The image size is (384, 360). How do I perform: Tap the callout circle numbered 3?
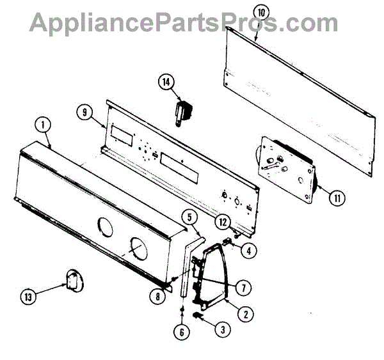click(x=222, y=330)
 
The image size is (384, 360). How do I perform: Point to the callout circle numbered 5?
click(x=190, y=217)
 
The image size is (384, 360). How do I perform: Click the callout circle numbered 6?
click(x=181, y=331)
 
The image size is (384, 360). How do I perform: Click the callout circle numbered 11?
click(x=336, y=197)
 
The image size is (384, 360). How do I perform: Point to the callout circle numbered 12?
click(x=221, y=222)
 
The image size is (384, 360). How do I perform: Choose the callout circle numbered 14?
click(x=166, y=82)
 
